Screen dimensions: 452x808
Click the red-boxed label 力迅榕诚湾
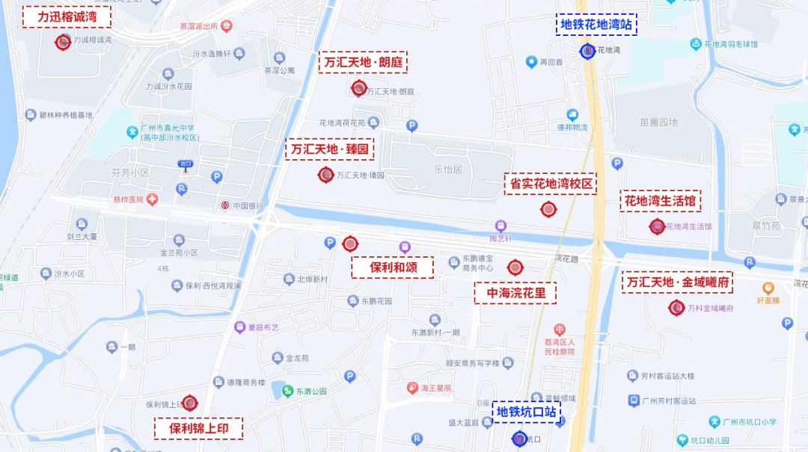(67, 17)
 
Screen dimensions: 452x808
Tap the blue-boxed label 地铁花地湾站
(596, 25)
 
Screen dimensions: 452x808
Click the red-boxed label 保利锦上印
(198, 429)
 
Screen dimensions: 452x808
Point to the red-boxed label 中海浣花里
(517, 293)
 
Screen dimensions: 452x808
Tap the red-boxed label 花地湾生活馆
(661, 201)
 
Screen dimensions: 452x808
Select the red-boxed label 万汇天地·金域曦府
(677, 282)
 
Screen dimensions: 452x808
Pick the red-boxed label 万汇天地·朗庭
(363, 62)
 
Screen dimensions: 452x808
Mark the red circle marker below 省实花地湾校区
(548, 210)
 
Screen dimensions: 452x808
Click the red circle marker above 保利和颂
(350, 244)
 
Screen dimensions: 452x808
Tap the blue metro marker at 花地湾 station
(588, 52)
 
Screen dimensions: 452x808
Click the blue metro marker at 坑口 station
(519, 439)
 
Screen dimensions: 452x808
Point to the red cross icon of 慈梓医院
(152, 199)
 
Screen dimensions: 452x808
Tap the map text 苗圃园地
(658, 122)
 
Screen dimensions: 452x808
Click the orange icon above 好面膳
(768, 288)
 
